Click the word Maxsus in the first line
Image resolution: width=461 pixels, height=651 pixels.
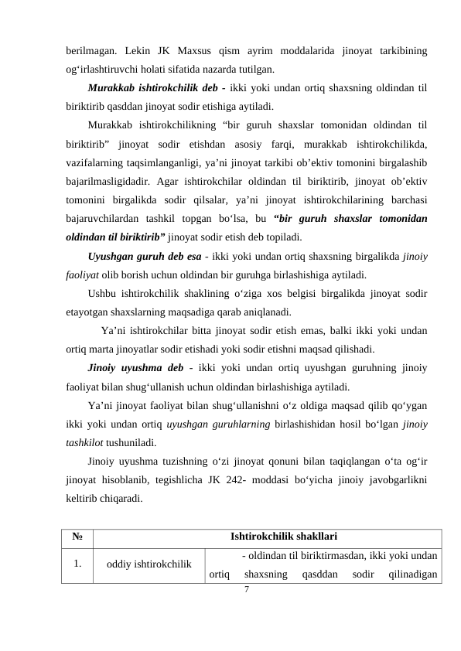(x=200, y=52)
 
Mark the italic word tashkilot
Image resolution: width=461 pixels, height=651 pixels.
(x=84, y=441)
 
